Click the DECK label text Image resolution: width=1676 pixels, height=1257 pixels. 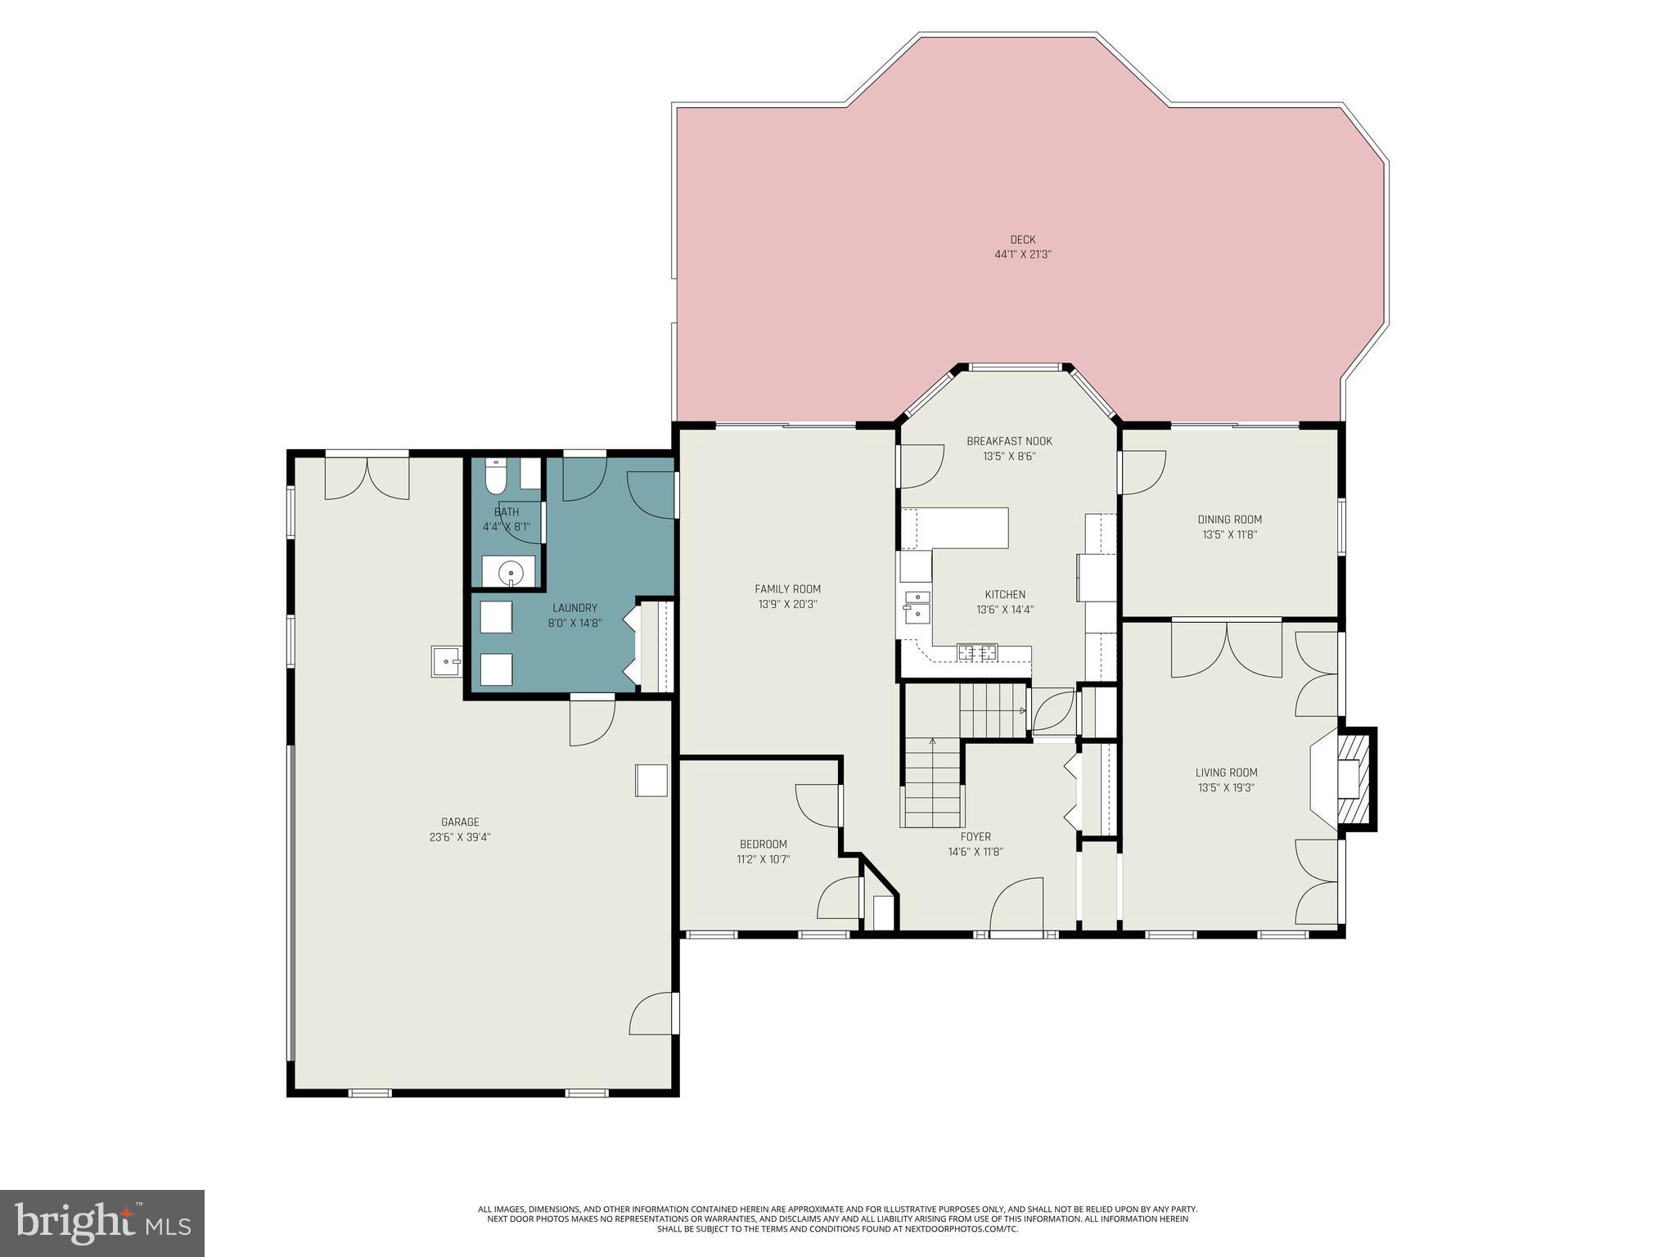point(1022,240)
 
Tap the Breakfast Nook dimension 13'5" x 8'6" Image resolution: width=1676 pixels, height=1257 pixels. point(1009,457)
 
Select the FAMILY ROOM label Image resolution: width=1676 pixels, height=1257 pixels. point(787,589)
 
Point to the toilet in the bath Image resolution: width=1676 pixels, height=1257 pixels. point(496,476)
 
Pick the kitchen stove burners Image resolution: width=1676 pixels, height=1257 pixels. point(977,653)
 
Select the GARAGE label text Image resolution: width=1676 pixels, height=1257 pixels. point(460,822)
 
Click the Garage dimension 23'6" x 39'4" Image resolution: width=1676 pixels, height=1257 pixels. point(460,837)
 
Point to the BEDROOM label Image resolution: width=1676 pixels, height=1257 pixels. point(763,845)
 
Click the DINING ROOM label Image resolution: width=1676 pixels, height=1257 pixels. point(1229,520)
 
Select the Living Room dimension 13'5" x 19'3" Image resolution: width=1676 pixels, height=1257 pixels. point(1226,788)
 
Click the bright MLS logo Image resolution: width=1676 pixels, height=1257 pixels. point(102,1223)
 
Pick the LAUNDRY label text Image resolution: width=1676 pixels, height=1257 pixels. point(574,608)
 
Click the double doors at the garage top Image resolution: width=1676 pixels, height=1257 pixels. point(367,478)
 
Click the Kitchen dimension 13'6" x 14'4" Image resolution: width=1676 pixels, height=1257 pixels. point(1005,610)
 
